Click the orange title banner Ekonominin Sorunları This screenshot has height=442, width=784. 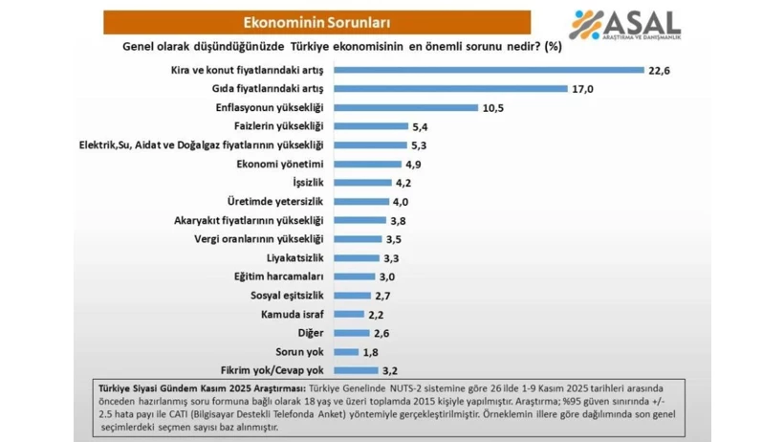tap(316, 20)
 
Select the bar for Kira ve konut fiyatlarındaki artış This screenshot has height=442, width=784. tap(488, 70)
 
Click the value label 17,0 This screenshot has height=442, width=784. tap(583, 89)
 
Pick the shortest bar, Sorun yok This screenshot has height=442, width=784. tap(346, 351)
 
